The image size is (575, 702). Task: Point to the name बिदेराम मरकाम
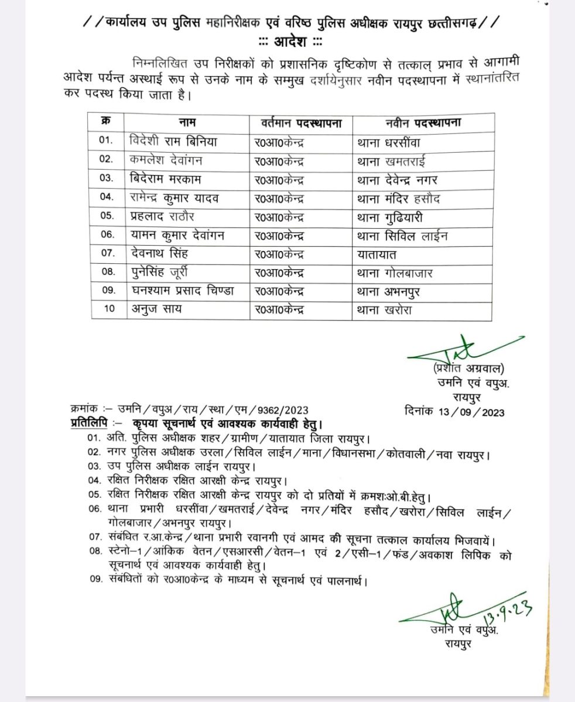pos(170,179)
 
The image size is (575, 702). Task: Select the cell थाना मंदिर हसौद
pos(398,198)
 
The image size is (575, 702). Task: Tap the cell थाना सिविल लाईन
pos(402,236)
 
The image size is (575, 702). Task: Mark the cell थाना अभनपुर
pos(389,292)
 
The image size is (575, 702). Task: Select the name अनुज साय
pos(155,311)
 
